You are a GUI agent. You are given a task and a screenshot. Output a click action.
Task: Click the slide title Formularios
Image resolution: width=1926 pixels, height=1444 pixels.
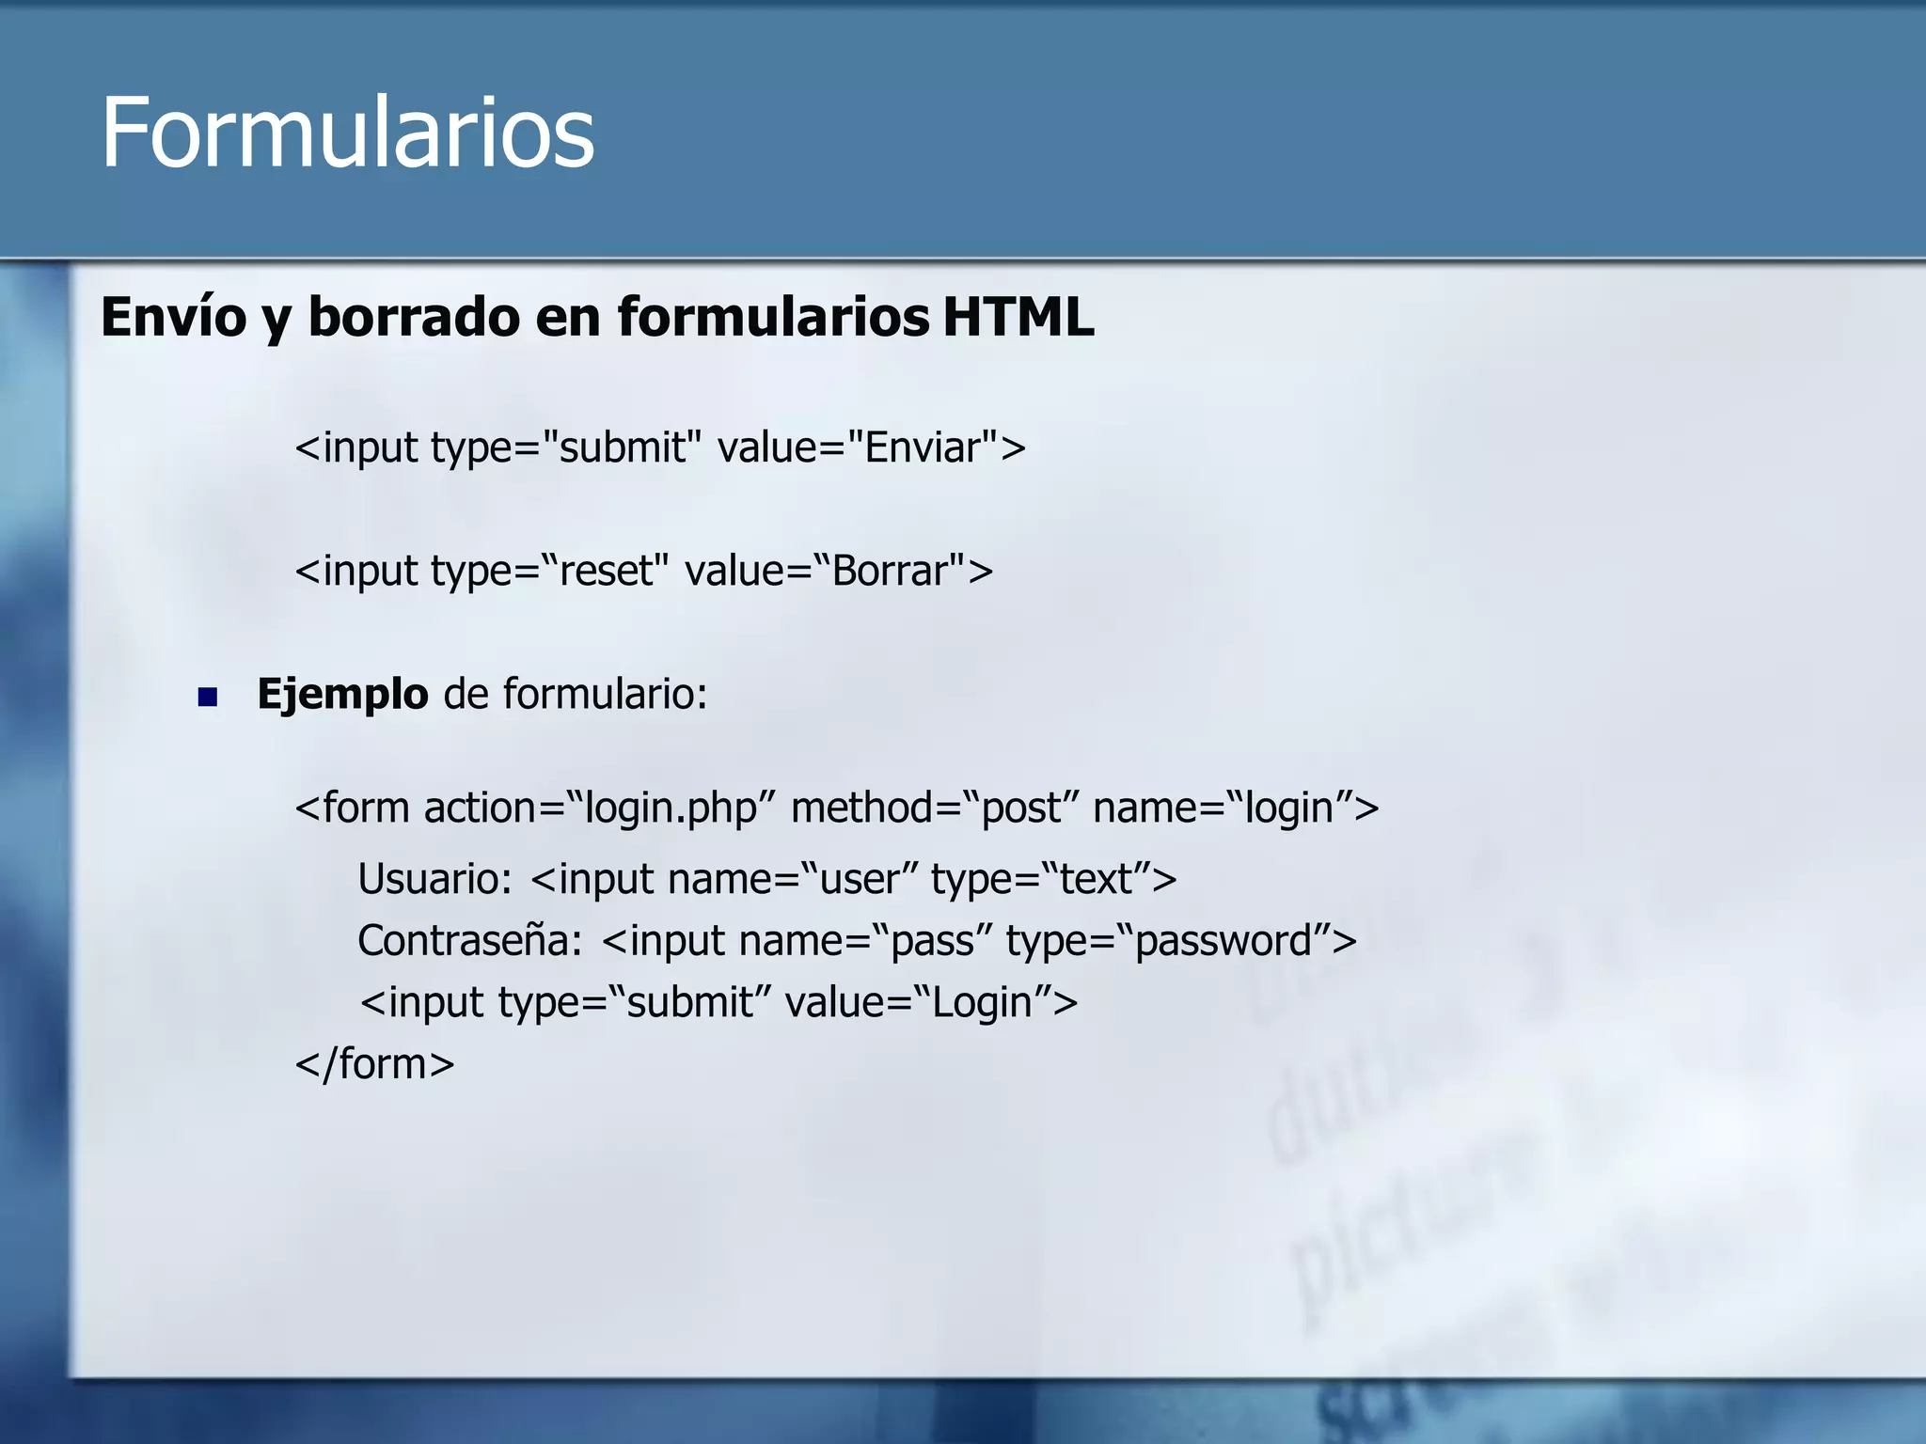[x=347, y=133]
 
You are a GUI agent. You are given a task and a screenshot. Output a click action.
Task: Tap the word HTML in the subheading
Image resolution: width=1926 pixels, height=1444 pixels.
[x=1018, y=317]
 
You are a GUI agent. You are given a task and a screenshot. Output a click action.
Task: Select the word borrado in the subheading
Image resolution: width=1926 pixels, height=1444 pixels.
[x=414, y=317]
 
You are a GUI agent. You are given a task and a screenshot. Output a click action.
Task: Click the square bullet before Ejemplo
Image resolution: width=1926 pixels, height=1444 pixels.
[x=208, y=698]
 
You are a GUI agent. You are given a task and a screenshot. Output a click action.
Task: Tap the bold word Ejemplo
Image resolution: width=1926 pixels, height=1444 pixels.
[x=342, y=695]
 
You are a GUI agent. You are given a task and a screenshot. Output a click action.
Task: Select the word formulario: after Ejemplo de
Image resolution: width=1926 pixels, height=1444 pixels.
[x=605, y=695]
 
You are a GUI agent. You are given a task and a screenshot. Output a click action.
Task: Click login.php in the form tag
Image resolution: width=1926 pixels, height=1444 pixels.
[x=671, y=808]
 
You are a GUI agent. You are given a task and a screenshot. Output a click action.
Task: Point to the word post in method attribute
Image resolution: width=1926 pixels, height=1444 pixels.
[x=1021, y=808]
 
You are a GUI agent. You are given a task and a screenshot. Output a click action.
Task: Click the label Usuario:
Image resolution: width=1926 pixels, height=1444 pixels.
[x=434, y=880]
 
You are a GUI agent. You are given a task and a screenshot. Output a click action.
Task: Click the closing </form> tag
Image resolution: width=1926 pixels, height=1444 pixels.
[x=374, y=1064]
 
